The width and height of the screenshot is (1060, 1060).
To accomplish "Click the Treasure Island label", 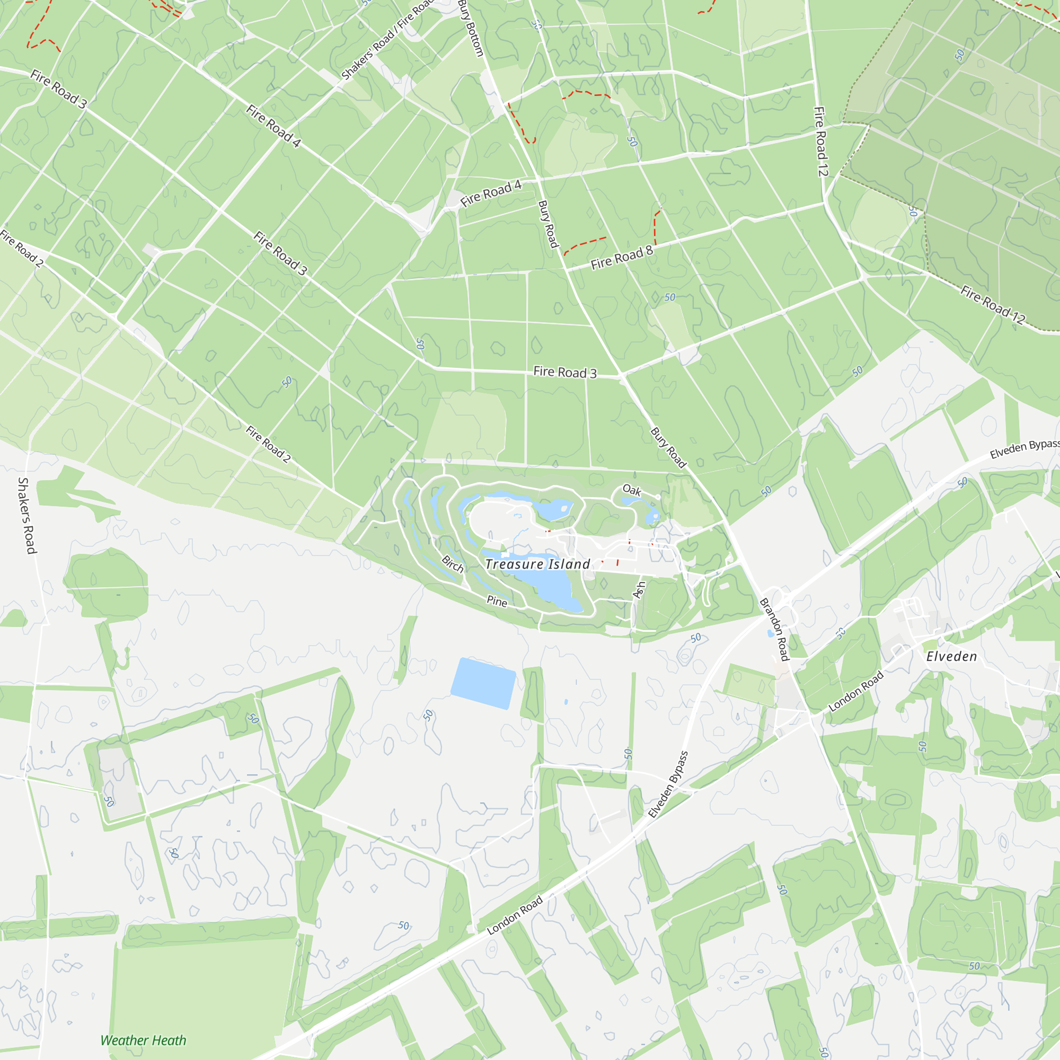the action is click(x=537, y=564).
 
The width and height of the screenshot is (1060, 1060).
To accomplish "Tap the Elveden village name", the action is click(x=951, y=657).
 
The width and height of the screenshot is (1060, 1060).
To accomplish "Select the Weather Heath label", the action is click(x=143, y=1040).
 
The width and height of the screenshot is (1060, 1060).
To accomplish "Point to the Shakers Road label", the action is click(x=27, y=515).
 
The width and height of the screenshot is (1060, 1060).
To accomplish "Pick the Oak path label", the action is click(x=632, y=490).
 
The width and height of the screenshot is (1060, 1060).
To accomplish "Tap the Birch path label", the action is click(x=453, y=564).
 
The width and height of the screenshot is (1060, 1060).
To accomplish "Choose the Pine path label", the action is click(x=497, y=602).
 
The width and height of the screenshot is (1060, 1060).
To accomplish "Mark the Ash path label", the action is click(x=639, y=590).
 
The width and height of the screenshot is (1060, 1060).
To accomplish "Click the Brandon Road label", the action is click(x=774, y=629).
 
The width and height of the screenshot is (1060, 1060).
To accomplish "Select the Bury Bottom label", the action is click(x=471, y=28).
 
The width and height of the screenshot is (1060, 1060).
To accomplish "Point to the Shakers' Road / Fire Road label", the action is click(x=387, y=40).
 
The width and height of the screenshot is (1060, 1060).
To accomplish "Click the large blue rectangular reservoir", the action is click(x=483, y=683).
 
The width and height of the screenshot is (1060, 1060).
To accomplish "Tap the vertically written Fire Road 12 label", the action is click(x=820, y=142).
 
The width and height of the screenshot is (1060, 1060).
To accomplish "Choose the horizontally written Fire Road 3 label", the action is click(x=564, y=372).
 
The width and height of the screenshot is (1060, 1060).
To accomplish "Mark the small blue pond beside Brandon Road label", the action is click(x=770, y=634).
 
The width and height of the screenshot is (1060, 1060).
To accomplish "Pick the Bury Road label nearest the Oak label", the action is click(x=668, y=448).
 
